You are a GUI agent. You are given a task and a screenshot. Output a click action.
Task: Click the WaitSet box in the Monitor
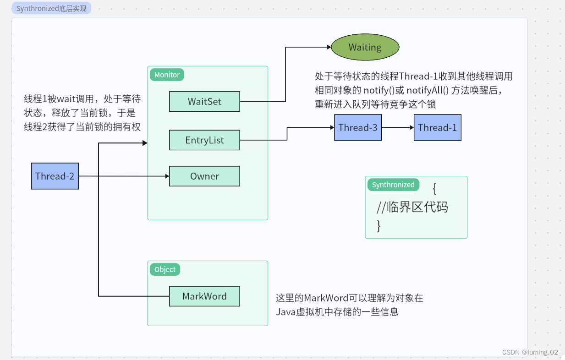tap(204, 102)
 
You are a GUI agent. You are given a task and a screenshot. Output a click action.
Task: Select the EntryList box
tap(204, 140)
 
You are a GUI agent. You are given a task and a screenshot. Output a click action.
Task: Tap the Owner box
tap(204, 176)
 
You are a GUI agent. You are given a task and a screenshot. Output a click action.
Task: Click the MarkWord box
tap(204, 296)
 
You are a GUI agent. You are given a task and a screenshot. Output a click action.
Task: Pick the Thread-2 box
tap(55, 176)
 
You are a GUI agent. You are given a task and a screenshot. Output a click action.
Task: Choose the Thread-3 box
tap(358, 127)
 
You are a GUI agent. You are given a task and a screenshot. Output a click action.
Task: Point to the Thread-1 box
tap(437, 127)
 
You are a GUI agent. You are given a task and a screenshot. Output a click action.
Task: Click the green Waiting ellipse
tap(365, 47)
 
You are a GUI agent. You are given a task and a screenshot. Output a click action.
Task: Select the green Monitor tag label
tap(167, 75)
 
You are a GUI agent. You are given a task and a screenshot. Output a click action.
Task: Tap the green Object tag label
tap(165, 269)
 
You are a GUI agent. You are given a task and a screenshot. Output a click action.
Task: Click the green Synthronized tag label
tap(393, 185)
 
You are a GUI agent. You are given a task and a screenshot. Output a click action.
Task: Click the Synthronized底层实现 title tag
tap(51, 8)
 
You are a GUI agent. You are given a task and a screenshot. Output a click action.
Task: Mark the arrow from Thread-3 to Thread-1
tap(398, 127)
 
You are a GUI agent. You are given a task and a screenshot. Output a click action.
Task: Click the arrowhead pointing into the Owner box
tap(167, 176)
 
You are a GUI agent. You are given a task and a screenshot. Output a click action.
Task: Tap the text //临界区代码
tap(412, 207)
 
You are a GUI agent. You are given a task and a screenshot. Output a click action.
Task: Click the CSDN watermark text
tap(530, 352)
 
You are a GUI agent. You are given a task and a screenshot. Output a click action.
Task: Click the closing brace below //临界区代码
tap(378, 225)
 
